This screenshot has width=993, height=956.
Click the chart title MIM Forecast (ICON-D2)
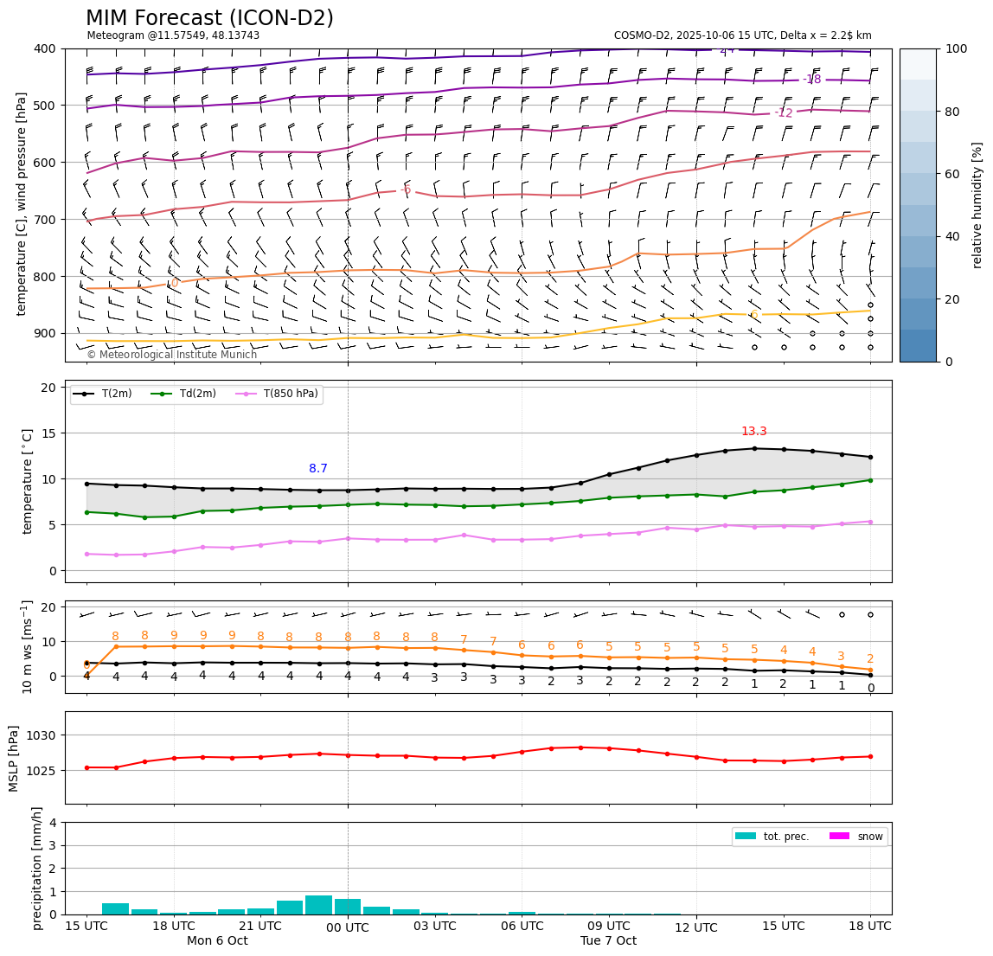[209, 18]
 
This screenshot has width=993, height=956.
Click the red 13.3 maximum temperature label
[753, 432]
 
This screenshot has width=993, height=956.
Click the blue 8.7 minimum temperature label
[318, 469]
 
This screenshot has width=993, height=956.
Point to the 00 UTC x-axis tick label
[348, 927]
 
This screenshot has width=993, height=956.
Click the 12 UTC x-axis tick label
[696, 927]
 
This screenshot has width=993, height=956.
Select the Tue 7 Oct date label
[608, 941]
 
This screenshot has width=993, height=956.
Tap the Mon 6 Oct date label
[217, 941]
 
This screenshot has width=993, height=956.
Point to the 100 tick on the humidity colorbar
[956, 48]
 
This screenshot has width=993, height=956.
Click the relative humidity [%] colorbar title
[977, 205]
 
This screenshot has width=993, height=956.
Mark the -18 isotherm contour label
[811, 80]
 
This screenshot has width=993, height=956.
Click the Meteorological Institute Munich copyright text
[171, 355]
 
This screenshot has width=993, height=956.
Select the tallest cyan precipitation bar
[318, 905]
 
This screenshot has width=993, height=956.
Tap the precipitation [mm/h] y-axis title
[37, 868]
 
